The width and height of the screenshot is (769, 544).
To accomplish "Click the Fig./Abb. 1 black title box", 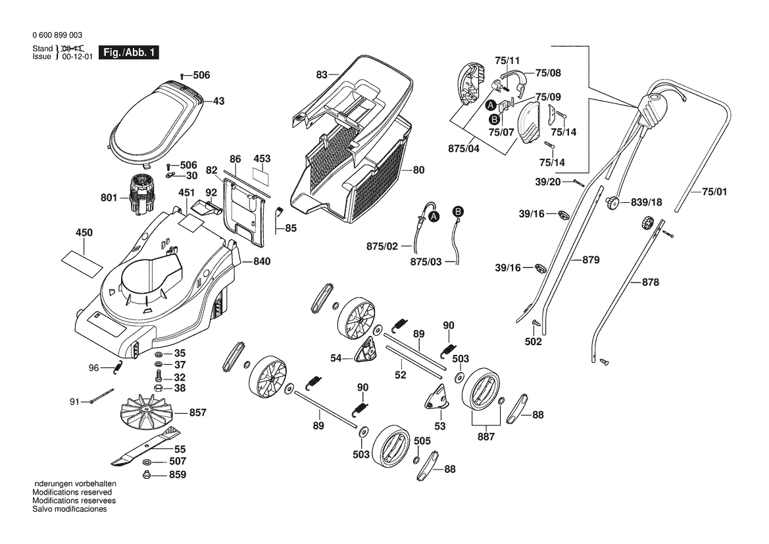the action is (x=129, y=52).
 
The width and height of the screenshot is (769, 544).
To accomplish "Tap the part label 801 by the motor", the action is (x=109, y=198).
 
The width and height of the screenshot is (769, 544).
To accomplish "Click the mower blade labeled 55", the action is (x=145, y=446).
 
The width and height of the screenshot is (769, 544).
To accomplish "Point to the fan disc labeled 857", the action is (x=147, y=412).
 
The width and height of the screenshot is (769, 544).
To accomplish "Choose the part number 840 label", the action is (x=262, y=261).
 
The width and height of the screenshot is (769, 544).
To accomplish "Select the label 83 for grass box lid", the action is (x=322, y=74).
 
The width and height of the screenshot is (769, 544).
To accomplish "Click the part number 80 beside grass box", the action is (x=418, y=170).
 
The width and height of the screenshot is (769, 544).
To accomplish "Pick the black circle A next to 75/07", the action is (x=490, y=105).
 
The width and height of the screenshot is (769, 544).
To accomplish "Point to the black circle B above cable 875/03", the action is (x=458, y=211).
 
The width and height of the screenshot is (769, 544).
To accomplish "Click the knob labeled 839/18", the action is (x=612, y=202).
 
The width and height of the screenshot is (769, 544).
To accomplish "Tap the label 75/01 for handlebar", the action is (x=714, y=192).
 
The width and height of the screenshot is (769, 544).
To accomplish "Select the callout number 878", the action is (x=651, y=282).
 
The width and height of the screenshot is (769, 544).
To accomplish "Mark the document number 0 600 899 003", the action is (x=57, y=35).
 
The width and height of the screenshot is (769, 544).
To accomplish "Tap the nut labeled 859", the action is (x=145, y=474).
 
